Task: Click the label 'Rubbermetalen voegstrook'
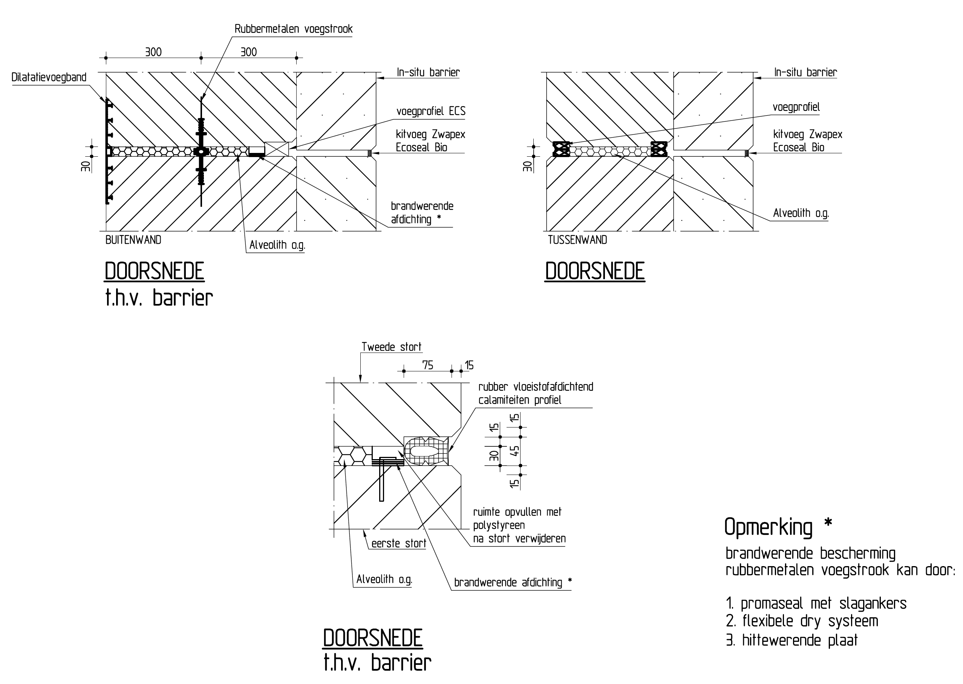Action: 293,29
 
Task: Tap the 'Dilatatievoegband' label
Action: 49,78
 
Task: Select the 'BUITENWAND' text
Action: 133,240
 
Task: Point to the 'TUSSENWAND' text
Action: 577,240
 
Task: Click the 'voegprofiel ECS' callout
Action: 431,111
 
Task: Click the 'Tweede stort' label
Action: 391,347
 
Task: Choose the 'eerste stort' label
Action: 399,544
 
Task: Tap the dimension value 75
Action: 427,365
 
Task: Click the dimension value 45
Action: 514,451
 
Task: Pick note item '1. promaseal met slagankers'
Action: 816,603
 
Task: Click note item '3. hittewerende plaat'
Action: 792,640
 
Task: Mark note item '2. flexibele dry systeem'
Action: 802,621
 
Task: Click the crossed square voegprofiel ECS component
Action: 277,149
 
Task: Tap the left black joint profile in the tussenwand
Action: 561,149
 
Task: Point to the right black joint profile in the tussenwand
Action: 659,149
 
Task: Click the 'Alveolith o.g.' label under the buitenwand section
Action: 277,245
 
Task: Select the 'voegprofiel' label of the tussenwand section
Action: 796,107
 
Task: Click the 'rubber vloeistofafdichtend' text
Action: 536,387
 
